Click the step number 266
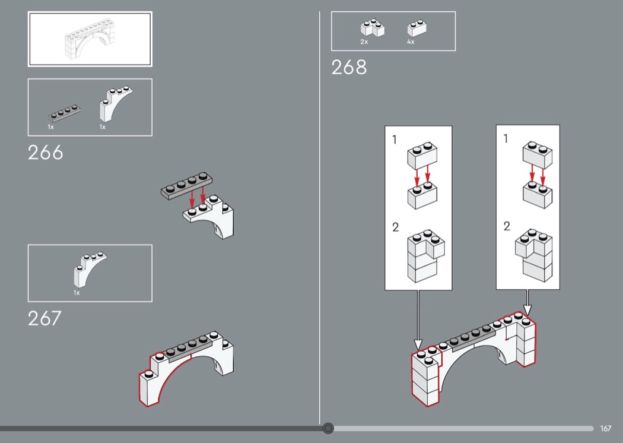pos(45,153)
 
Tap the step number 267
pos(44,318)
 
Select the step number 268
pos(349,67)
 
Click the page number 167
pos(606,428)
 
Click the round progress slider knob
pos(328,428)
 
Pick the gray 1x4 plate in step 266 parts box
pos(64,113)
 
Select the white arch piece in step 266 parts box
pos(115,103)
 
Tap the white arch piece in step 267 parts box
pos(90,269)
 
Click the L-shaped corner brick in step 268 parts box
pos(372,28)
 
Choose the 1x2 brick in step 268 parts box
pos(417,28)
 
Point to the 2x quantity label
pos(364,42)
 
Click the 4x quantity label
pos(411,42)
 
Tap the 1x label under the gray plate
pos(51,127)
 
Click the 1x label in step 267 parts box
pos(77,293)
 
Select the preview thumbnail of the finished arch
pos(90,39)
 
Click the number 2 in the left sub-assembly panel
pos(395,227)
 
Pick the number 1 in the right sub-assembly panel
pos(506,139)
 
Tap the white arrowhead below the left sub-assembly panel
pos(418,344)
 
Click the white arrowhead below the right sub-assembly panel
pos(527,310)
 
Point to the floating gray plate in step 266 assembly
pos(186,186)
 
